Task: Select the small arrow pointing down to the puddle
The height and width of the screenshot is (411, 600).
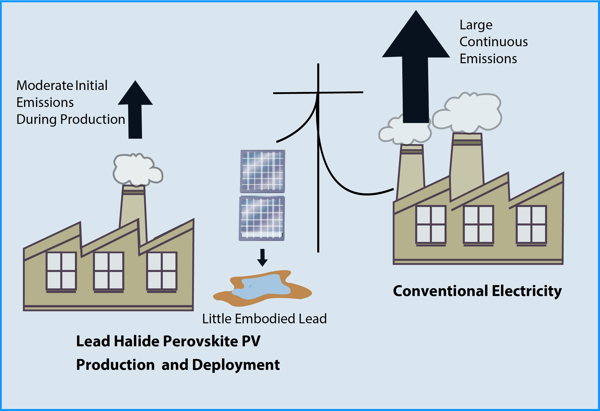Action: tap(262, 258)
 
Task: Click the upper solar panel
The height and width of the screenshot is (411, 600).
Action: tap(263, 171)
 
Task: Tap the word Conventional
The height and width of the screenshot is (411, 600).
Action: tap(441, 291)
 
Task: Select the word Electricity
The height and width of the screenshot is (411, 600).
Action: tap(527, 291)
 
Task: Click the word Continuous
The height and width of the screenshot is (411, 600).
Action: tap(493, 42)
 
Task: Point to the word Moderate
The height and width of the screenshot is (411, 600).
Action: tap(45, 85)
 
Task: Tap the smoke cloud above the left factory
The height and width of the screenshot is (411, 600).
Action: tap(137, 169)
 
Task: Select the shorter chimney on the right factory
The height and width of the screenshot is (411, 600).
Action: tap(411, 170)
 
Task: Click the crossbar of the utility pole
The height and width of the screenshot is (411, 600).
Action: tap(318, 93)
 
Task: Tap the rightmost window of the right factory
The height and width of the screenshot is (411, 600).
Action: tap(531, 224)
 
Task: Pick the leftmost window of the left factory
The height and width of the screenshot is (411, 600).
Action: tap(61, 271)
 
